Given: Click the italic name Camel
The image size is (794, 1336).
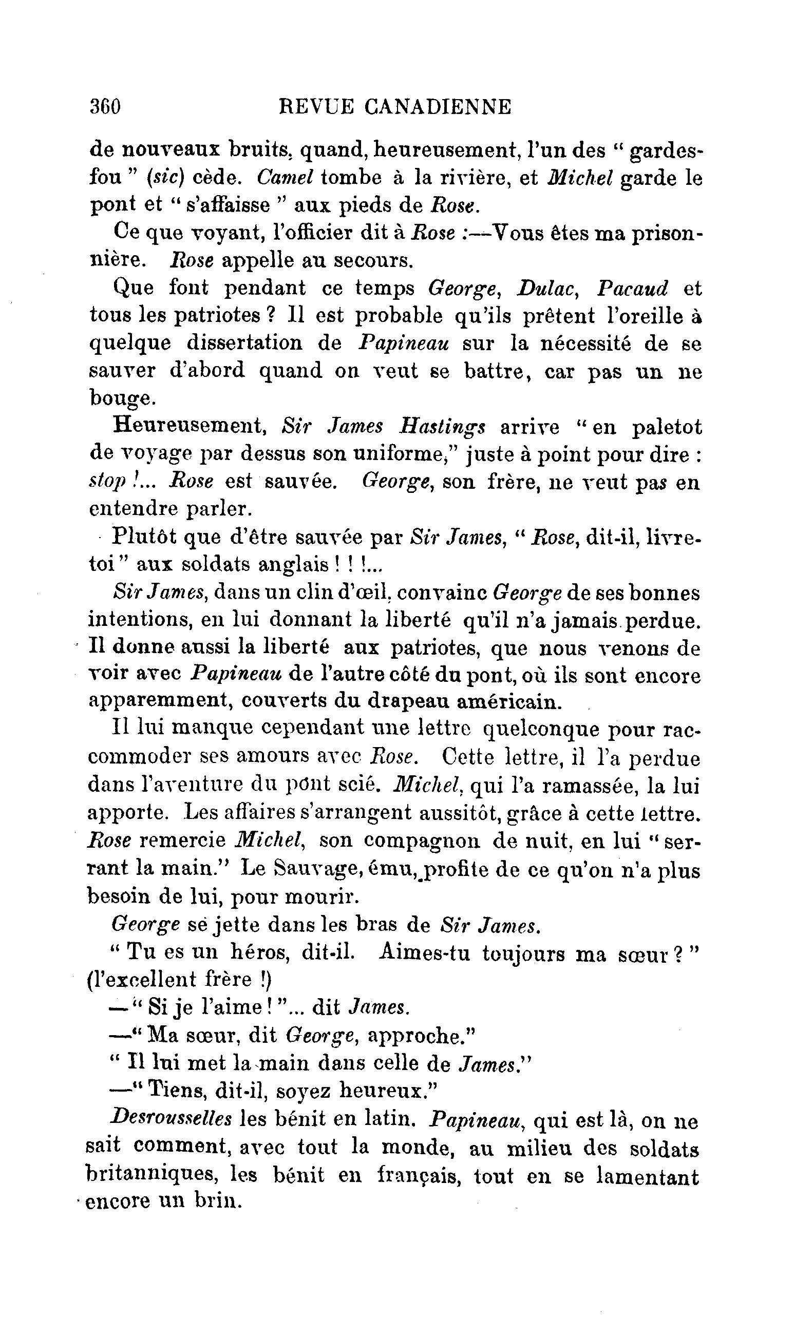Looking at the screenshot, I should [x=285, y=178].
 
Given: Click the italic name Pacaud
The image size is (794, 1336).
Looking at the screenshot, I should [x=632, y=288].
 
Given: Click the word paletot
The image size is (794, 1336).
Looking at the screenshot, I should [x=666, y=427].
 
